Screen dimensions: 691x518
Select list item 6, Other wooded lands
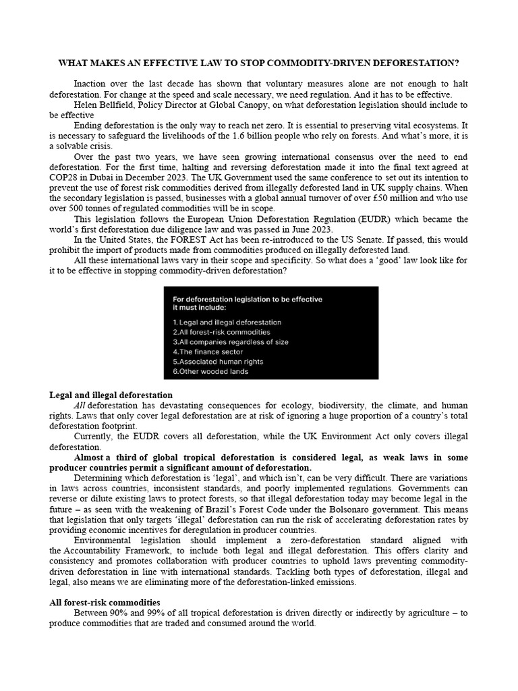click(210, 371)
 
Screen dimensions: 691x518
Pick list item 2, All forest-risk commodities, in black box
click(221, 332)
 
